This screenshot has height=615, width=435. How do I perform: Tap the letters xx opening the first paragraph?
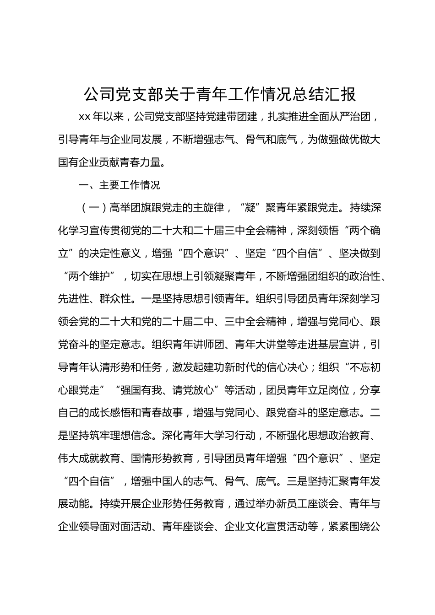click(x=85, y=117)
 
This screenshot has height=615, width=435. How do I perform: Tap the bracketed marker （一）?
click(x=93, y=208)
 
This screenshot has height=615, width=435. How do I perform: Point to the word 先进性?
click(x=74, y=299)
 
